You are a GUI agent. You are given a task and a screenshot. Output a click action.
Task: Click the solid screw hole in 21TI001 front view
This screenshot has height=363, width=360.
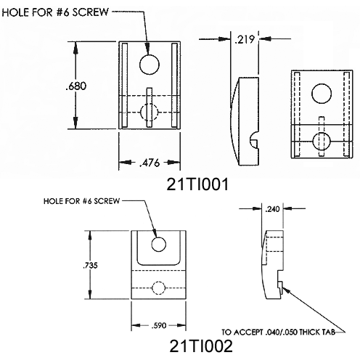pyautogui.click(x=149, y=65)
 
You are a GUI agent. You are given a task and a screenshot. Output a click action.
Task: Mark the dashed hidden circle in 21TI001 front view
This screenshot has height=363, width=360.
pyautogui.click(x=149, y=112)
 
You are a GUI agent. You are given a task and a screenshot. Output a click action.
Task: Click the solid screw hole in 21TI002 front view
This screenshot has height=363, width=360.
pyautogui.click(x=159, y=243)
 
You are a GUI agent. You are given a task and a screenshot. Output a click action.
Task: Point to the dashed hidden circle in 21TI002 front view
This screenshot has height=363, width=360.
pyautogui.click(x=159, y=288)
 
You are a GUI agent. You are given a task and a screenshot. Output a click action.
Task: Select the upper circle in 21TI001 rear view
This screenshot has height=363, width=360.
pyautogui.click(x=320, y=93)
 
